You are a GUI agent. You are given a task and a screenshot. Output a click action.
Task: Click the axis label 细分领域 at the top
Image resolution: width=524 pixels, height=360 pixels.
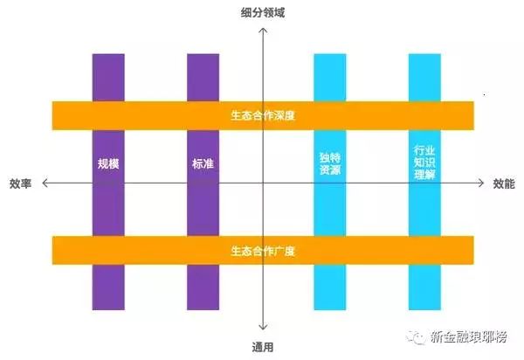click(262, 12)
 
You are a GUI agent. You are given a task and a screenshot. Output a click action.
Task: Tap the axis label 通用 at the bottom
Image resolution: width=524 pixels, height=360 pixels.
click(262, 347)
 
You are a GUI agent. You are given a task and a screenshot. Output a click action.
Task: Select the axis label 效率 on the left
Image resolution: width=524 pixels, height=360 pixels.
click(20, 183)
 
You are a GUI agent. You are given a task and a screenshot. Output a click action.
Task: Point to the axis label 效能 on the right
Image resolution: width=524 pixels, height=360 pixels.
click(504, 183)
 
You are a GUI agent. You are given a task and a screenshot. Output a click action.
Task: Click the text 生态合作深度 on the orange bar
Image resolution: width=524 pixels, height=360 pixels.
click(262, 114)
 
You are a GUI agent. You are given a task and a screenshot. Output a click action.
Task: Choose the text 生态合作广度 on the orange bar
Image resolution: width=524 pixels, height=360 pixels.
click(262, 251)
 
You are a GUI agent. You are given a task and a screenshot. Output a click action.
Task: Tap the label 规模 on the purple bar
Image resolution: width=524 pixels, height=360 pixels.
click(108, 163)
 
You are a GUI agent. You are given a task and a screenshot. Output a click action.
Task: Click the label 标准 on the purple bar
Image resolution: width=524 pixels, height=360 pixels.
click(203, 163)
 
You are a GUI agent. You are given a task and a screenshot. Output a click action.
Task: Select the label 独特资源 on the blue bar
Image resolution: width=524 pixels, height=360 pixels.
click(329, 163)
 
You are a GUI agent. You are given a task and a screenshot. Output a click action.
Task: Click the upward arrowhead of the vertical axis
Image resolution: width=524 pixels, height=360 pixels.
click(262, 28)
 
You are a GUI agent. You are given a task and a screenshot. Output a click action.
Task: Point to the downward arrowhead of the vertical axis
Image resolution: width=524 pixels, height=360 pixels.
click(262, 331)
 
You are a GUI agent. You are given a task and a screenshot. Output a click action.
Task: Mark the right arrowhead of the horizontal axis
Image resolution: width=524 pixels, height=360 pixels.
click(483, 183)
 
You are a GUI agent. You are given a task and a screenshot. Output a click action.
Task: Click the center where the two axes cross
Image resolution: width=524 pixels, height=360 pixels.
click(262, 183)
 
